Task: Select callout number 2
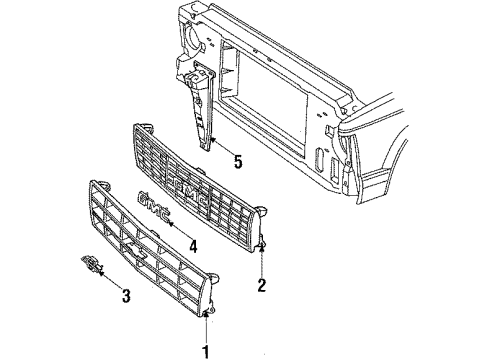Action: (x=262, y=286)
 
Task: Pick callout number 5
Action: (x=237, y=160)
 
